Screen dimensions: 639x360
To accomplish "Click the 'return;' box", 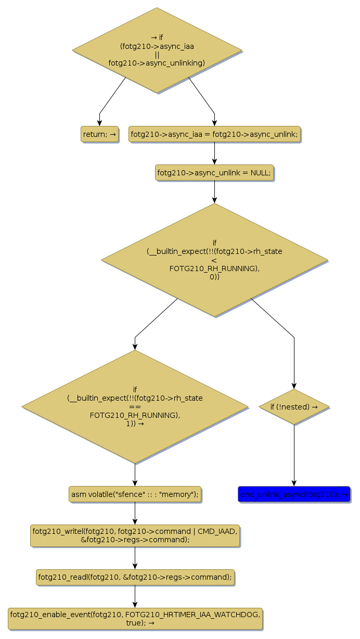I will tap(99, 134).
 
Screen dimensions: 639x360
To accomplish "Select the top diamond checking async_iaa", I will tap(157, 50).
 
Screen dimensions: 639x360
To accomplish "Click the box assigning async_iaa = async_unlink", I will tap(214, 134).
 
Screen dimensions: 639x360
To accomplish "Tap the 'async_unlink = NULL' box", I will tap(214, 173).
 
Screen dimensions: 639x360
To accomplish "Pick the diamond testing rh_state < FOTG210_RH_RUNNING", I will tap(214, 260).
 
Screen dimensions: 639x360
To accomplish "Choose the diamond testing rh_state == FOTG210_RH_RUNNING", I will tap(135, 406).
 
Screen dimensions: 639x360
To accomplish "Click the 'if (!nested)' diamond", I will tap(294, 406).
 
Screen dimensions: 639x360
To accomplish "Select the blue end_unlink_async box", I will tap(294, 494).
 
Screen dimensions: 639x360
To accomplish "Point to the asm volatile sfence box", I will tap(135, 494).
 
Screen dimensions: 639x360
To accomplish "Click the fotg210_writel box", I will tap(135, 535).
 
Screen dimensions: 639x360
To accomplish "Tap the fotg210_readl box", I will tap(135, 577).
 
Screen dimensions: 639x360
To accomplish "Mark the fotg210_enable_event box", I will tap(135, 619).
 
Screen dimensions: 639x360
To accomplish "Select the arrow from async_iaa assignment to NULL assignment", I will tap(214, 154).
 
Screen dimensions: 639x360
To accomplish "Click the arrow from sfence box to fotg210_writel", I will tap(135, 514).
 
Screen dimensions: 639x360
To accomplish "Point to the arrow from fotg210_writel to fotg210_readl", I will tap(135, 558).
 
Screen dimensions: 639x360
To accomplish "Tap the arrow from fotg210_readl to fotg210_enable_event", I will tap(135, 597).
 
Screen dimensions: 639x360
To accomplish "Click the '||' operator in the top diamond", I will tap(157, 55).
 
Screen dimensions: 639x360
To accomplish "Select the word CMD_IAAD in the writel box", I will tap(217, 531).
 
